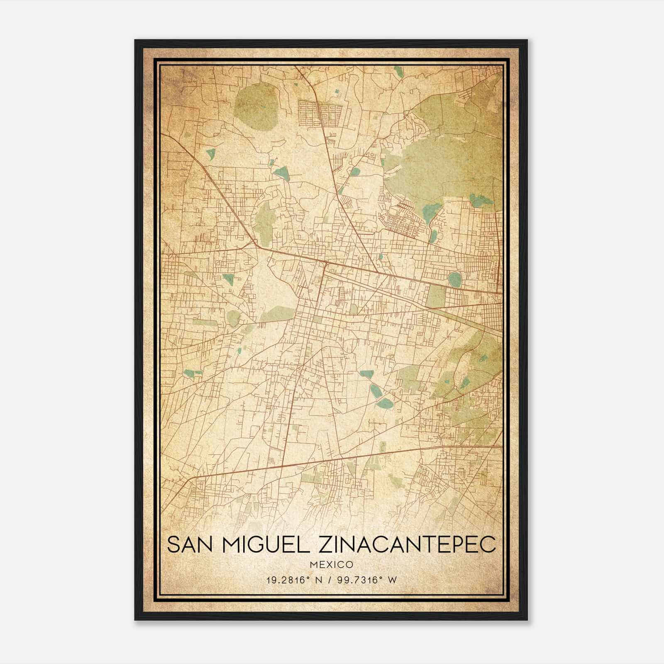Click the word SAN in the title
coord(189,544)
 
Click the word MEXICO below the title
coord(331,565)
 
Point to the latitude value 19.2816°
coord(289,580)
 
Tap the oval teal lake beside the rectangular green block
coord(455,279)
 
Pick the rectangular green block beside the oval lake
coord(436,295)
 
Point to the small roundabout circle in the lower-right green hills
coord(455,388)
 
